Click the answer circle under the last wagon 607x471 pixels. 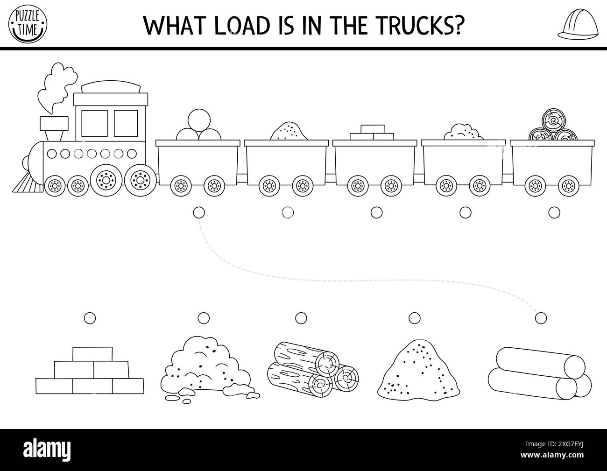point(554,212)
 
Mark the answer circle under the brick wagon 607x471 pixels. point(376,212)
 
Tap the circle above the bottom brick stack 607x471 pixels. point(90,318)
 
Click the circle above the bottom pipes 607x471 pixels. point(540,318)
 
